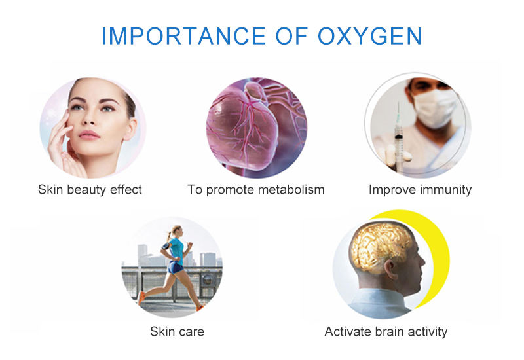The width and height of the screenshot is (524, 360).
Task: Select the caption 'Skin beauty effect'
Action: pos(90,190)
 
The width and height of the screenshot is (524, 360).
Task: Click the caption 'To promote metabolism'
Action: pos(256,190)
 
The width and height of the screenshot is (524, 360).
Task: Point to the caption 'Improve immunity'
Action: pos(420,190)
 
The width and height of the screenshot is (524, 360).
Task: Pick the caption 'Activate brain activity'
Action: pos(386,331)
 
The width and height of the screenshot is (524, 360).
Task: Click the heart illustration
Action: pos(252,128)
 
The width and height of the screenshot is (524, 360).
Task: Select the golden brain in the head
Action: pos(381,248)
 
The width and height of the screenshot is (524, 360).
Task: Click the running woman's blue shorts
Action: pos(175,267)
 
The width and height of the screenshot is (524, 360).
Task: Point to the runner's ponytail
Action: pos(170,232)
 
